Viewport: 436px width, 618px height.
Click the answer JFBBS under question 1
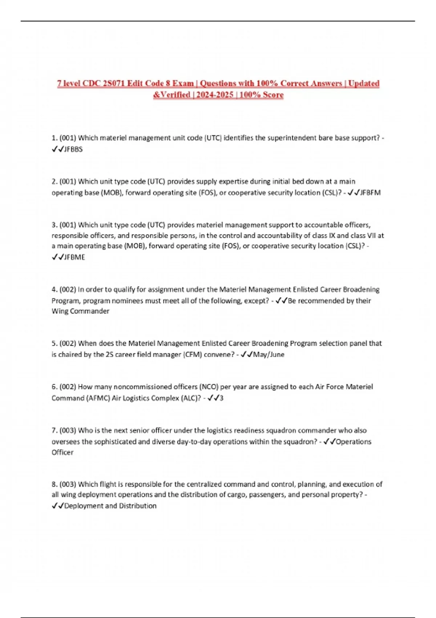click(73, 149)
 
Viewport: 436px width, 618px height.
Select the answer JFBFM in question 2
click(370, 193)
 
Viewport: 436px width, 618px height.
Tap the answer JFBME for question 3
click(74, 257)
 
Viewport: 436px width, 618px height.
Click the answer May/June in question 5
click(269, 354)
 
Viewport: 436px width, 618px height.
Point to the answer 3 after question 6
click(222, 398)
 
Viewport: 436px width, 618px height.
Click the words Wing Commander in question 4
click(80, 311)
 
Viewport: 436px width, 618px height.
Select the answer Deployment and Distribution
click(110, 506)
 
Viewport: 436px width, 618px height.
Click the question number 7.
click(54, 431)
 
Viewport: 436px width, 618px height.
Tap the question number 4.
click(54, 290)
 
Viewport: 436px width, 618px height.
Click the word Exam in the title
click(183, 84)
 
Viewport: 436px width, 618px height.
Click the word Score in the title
click(273, 95)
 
